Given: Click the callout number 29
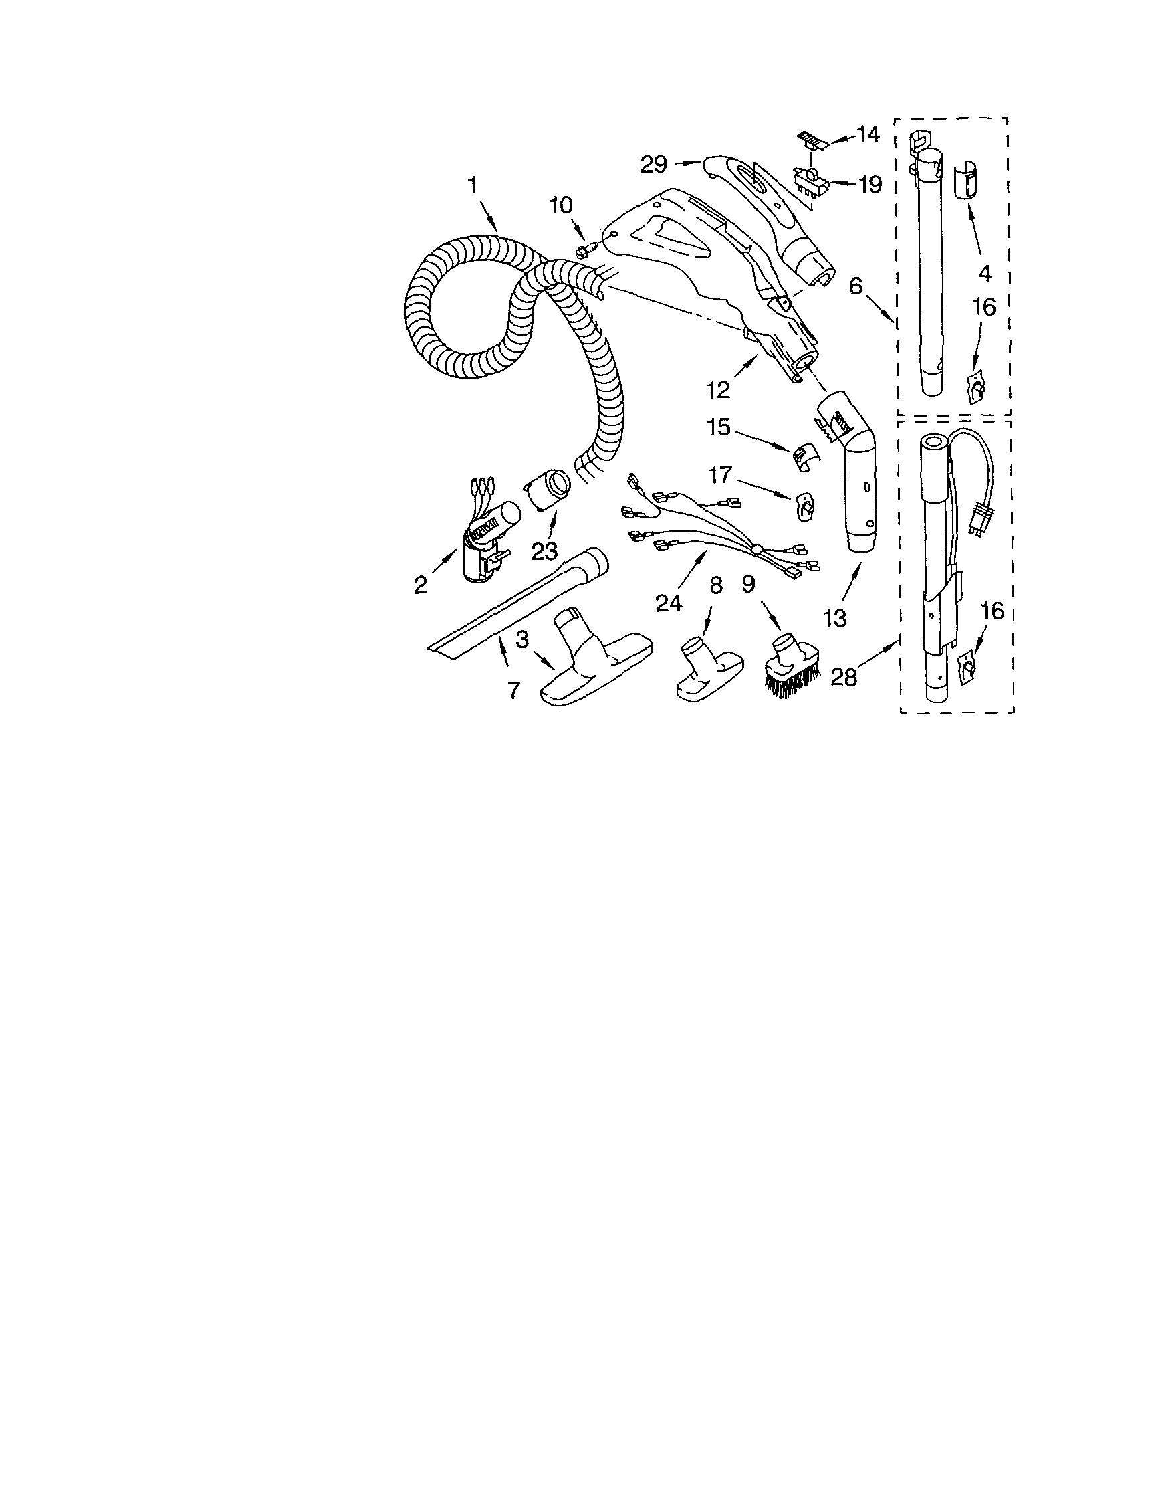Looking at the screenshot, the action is point(653,165).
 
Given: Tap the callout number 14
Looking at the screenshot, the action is point(867,134).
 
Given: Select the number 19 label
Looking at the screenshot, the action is point(870,184).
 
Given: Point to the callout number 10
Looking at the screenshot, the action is point(560,205).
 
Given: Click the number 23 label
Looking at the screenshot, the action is point(545,551).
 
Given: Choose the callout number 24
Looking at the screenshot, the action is point(669,602).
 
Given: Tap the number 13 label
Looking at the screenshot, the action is point(836,617).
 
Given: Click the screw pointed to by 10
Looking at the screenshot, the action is point(586,251).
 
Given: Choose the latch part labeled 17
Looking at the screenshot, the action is point(806,505).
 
